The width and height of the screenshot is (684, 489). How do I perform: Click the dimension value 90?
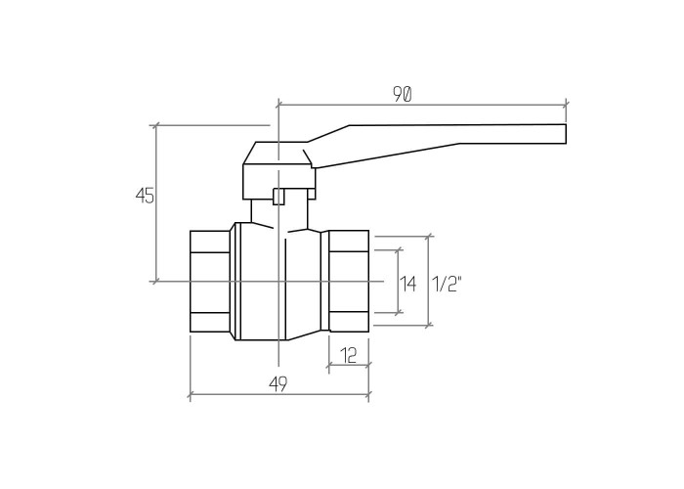click(x=402, y=94)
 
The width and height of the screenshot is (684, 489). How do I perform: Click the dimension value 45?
click(x=145, y=196)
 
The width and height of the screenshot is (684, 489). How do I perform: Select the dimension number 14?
click(x=408, y=285)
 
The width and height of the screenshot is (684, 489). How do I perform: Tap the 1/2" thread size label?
click(x=447, y=285)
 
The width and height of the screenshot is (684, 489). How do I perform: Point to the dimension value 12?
click(x=348, y=355)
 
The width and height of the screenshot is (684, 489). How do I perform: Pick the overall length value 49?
click(x=278, y=384)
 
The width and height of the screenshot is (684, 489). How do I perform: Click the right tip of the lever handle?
click(x=566, y=134)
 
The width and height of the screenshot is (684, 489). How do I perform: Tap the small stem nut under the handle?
click(x=278, y=196)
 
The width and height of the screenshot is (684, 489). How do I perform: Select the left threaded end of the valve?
click(x=210, y=282)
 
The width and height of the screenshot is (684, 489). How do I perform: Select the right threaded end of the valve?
click(x=349, y=282)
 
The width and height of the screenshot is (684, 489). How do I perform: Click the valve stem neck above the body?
click(x=279, y=214)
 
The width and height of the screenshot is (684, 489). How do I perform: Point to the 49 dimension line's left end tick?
click(x=191, y=396)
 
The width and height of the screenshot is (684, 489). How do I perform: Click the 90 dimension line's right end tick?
click(x=566, y=105)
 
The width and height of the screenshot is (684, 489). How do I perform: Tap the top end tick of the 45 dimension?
click(x=155, y=126)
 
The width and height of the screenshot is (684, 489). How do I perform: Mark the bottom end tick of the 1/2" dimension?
click(x=429, y=326)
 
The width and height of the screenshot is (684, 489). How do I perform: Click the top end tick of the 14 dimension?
click(x=399, y=250)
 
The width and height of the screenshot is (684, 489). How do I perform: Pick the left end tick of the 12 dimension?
click(x=328, y=364)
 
